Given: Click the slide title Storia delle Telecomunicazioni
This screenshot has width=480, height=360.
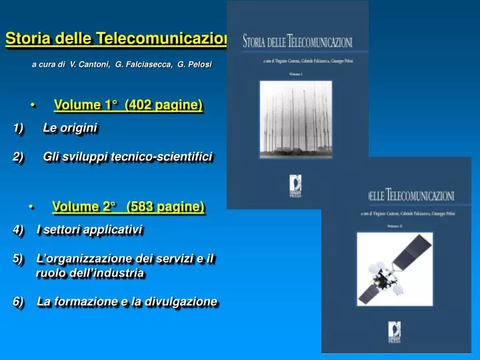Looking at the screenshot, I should click(117, 39).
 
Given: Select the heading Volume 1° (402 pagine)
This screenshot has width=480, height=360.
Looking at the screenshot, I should click(128, 105).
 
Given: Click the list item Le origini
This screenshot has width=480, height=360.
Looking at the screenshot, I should click(70, 127).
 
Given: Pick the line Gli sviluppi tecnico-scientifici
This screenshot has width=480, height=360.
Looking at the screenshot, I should click(127, 157).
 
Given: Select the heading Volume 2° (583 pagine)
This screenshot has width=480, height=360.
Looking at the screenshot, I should click(128, 207).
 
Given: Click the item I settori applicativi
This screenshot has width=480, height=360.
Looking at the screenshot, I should click(90, 230).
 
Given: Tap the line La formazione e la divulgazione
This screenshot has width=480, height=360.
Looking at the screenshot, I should click(127, 302).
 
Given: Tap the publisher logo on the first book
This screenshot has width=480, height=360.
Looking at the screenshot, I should click(295, 185).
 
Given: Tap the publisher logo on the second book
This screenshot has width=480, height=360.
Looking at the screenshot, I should click(396, 330).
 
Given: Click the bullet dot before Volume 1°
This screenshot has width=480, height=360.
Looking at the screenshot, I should click(31, 105).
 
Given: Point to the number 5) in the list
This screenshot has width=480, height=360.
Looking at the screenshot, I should click(18, 259).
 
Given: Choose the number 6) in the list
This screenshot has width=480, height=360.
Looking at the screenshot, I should click(18, 302).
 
